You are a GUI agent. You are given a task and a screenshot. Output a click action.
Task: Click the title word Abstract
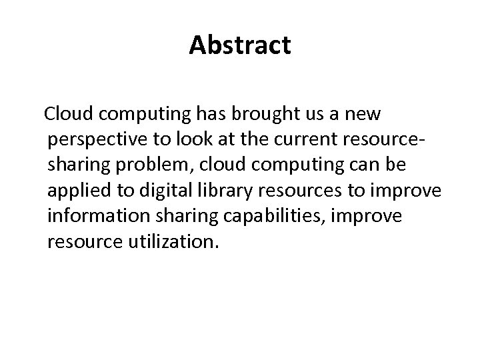pyautogui.click(x=240, y=45)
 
